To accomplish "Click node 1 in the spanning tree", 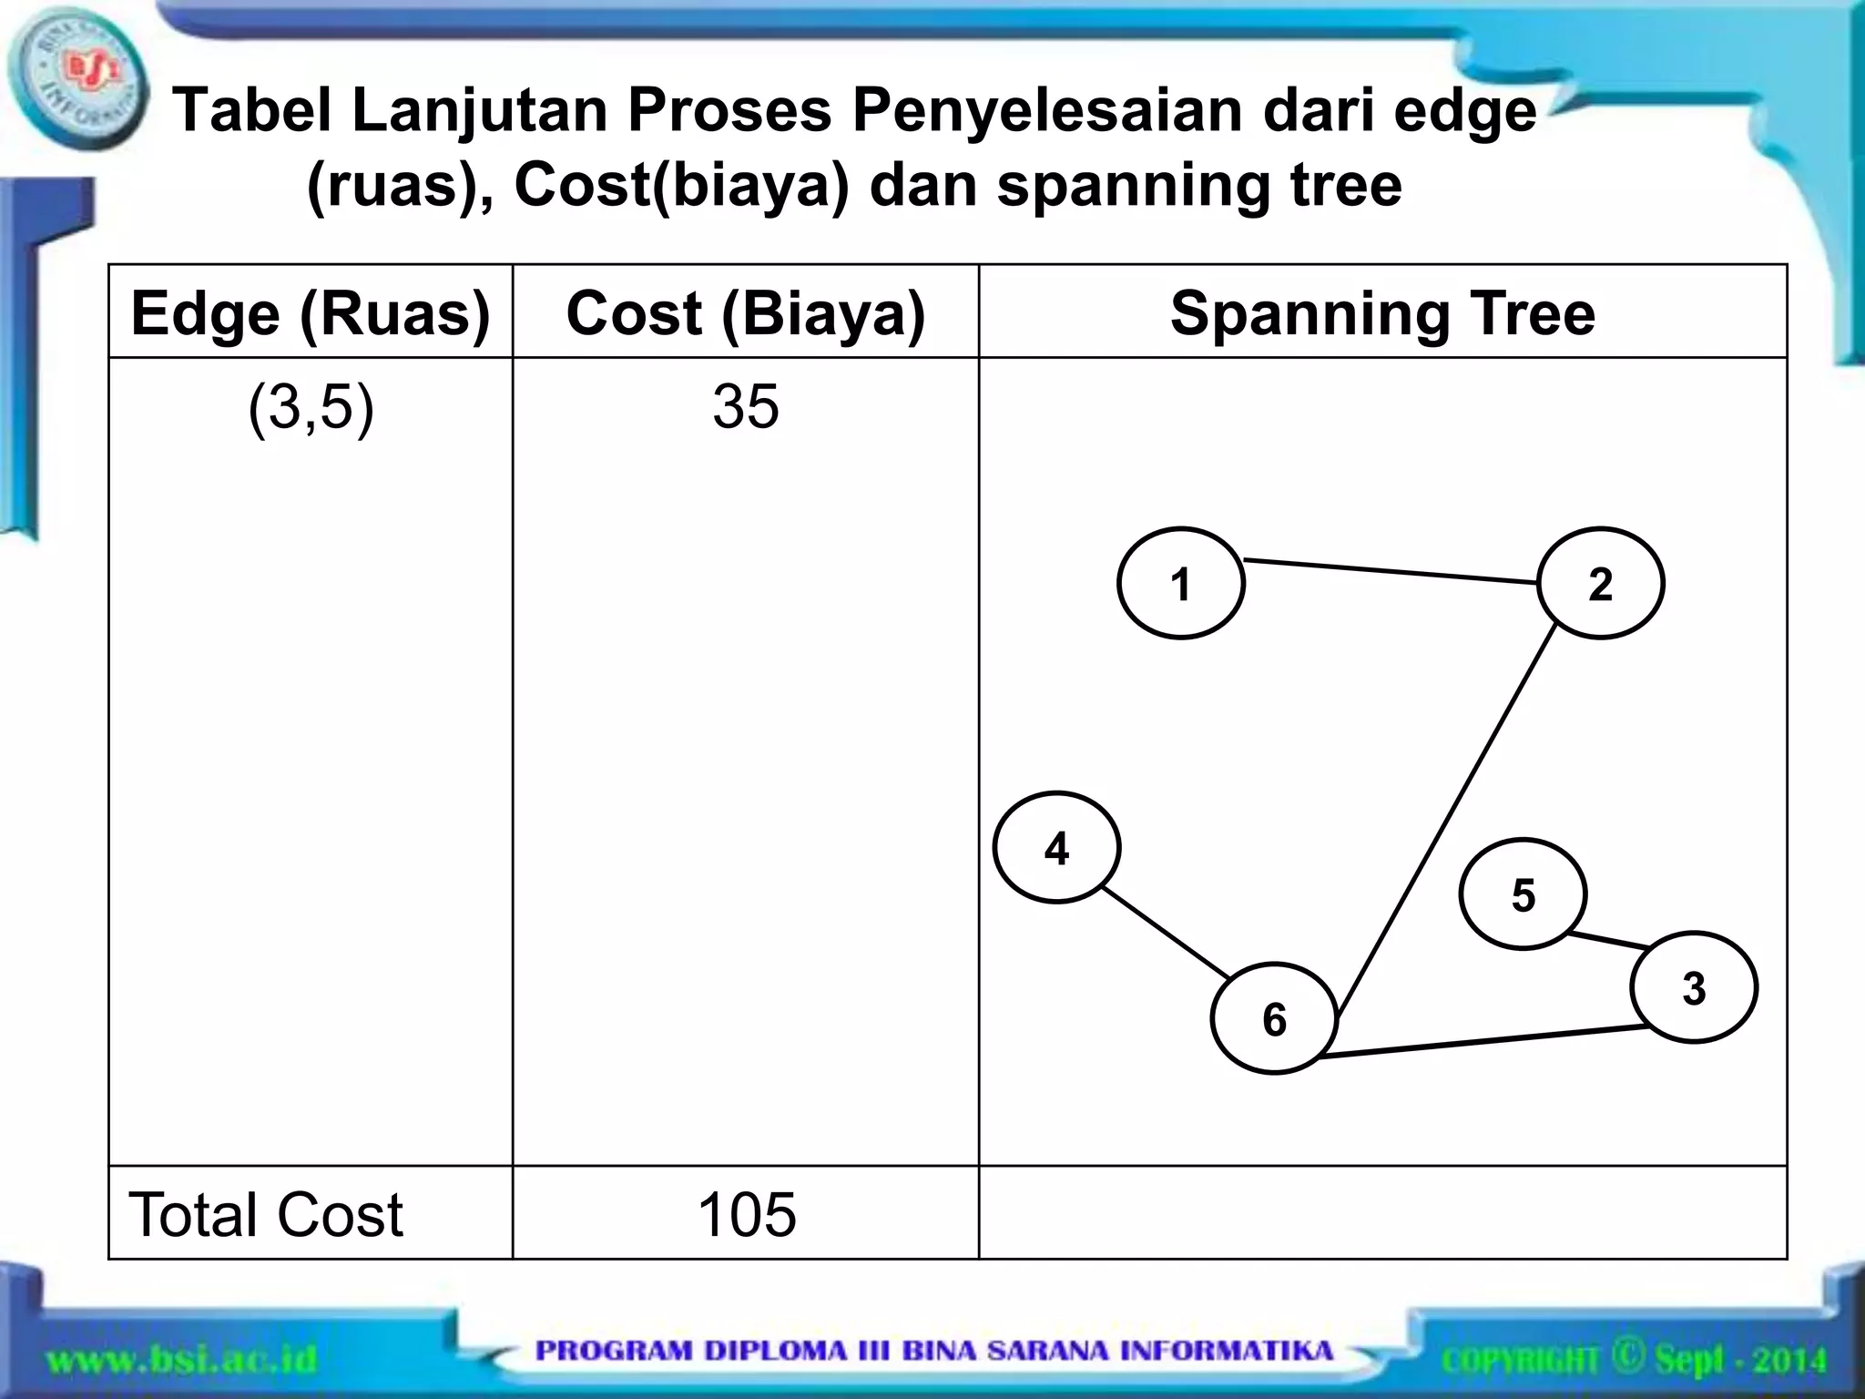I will pyautogui.click(x=1180, y=583).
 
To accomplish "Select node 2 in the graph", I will pyautogui.click(x=1600, y=583).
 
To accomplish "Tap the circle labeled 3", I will pyautogui.click(x=1693, y=987).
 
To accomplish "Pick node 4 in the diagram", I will pyautogui.click(x=1056, y=847).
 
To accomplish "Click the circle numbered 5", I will pyautogui.click(x=1523, y=894).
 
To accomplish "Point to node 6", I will pyautogui.click(x=1274, y=1018).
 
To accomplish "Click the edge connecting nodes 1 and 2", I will pyautogui.click(x=1391, y=570).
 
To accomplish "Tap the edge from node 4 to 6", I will pyautogui.click(x=1167, y=933).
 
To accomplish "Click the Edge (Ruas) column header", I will pyautogui.click(x=311, y=312).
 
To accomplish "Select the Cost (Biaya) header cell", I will pyautogui.click(x=745, y=312).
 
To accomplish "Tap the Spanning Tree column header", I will pyautogui.click(x=1382, y=312).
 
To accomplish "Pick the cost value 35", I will pyautogui.click(x=745, y=406).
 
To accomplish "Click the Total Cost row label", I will pyautogui.click(x=266, y=1214).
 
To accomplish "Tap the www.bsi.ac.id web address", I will pyautogui.click(x=181, y=1361).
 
